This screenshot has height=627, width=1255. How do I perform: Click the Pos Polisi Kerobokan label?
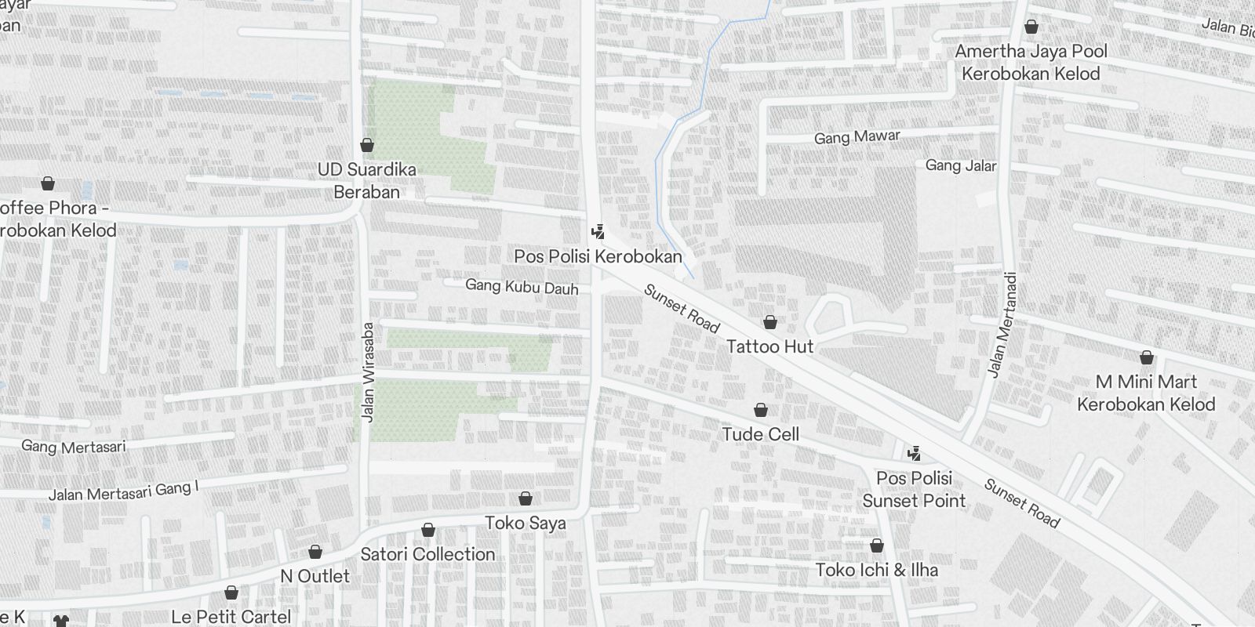point(598,256)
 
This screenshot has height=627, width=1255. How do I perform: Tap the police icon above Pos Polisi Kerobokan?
point(598,232)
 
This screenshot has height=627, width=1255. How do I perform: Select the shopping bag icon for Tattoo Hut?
point(770,322)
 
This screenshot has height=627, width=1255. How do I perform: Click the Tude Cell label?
point(760,434)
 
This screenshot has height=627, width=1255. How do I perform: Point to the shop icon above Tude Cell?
point(760,410)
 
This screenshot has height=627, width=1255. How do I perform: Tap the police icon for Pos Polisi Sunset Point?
point(913,453)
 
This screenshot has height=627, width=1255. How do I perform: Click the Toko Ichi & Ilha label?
point(876,570)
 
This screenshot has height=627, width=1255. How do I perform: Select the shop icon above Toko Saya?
point(526,498)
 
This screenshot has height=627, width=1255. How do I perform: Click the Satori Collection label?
point(427,554)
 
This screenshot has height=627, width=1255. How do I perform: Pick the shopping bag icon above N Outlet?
point(315,553)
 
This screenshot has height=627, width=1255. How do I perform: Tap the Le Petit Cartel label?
point(231,617)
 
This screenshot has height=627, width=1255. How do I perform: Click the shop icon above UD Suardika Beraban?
point(366,145)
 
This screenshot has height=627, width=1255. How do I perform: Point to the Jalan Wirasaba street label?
point(368,372)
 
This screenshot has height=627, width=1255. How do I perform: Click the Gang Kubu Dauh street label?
point(522,287)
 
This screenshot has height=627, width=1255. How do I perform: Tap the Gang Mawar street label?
point(857,137)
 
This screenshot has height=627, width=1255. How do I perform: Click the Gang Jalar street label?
point(960,165)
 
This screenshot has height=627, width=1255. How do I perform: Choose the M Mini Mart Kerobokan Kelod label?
point(1146,393)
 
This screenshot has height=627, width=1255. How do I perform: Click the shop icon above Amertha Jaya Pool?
point(1031,27)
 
